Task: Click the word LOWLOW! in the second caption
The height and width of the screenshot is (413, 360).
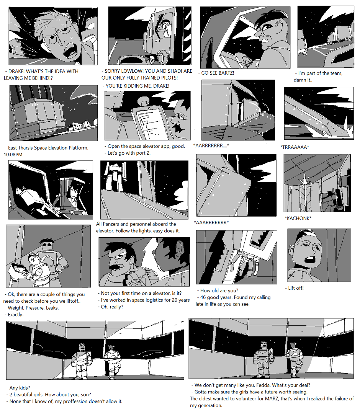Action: [132, 71]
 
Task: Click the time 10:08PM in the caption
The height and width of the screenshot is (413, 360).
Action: [13, 155]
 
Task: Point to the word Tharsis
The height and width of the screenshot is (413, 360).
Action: [29, 148]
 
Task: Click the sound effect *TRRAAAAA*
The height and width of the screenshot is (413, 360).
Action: [295, 147]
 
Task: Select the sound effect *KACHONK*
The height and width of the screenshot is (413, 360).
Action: [298, 218]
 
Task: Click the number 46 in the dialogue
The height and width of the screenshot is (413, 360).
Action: [203, 297]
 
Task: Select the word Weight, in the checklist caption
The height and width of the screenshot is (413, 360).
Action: [16, 308]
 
